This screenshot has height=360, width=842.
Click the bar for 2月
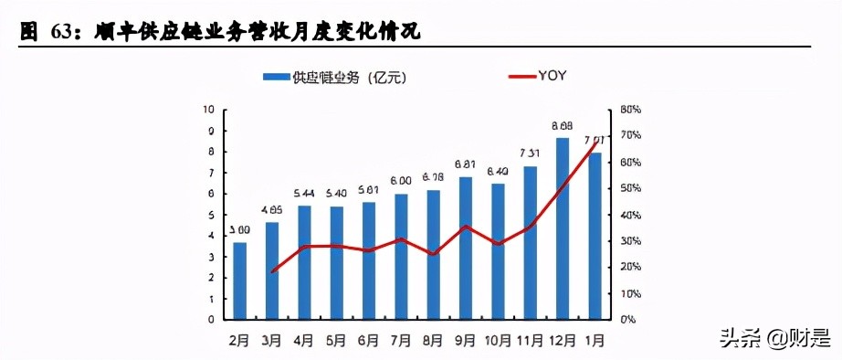(240, 281)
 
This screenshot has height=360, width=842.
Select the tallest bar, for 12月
(563, 228)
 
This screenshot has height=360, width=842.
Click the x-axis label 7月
(400, 340)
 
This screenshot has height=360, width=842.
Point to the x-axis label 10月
(498, 340)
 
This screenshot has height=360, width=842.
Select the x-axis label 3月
(272, 340)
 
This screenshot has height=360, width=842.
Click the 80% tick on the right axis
(630, 109)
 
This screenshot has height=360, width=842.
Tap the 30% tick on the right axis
(630, 241)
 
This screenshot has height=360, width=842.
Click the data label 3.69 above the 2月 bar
(240, 230)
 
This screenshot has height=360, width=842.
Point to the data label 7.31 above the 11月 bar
(531, 154)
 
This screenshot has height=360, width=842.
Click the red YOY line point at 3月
(273, 272)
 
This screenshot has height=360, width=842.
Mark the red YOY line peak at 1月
(596, 141)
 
